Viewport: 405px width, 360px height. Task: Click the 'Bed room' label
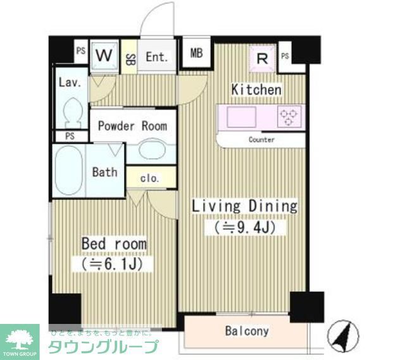tap(113, 244)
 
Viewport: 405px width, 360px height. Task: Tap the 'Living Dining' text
tap(244, 206)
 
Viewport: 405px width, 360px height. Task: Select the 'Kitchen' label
tap(256, 90)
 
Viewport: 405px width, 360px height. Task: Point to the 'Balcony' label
tap(247, 331)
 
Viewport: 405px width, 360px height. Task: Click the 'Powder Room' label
tap(132, 126)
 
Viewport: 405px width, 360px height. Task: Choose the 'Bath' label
tap(104, 171)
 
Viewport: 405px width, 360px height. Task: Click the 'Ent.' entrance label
tap(157, 57)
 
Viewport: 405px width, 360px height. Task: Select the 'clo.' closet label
tap(150, 178)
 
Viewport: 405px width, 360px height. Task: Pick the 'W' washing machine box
tap(104, 55)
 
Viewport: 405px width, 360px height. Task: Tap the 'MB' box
tap(196, 53)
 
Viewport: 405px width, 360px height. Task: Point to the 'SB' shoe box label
tap(129, 59)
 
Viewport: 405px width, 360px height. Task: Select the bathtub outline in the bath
tap(68, 172)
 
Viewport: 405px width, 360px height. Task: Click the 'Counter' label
tap(261, 139)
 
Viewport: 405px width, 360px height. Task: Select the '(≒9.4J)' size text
tap(244, 227)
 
